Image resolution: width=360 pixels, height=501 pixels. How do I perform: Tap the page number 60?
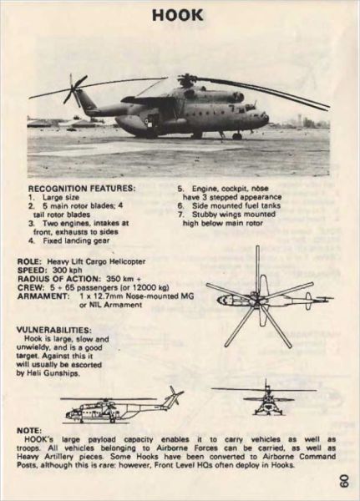[343, 481]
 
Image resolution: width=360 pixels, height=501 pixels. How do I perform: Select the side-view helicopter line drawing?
[121, 407]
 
